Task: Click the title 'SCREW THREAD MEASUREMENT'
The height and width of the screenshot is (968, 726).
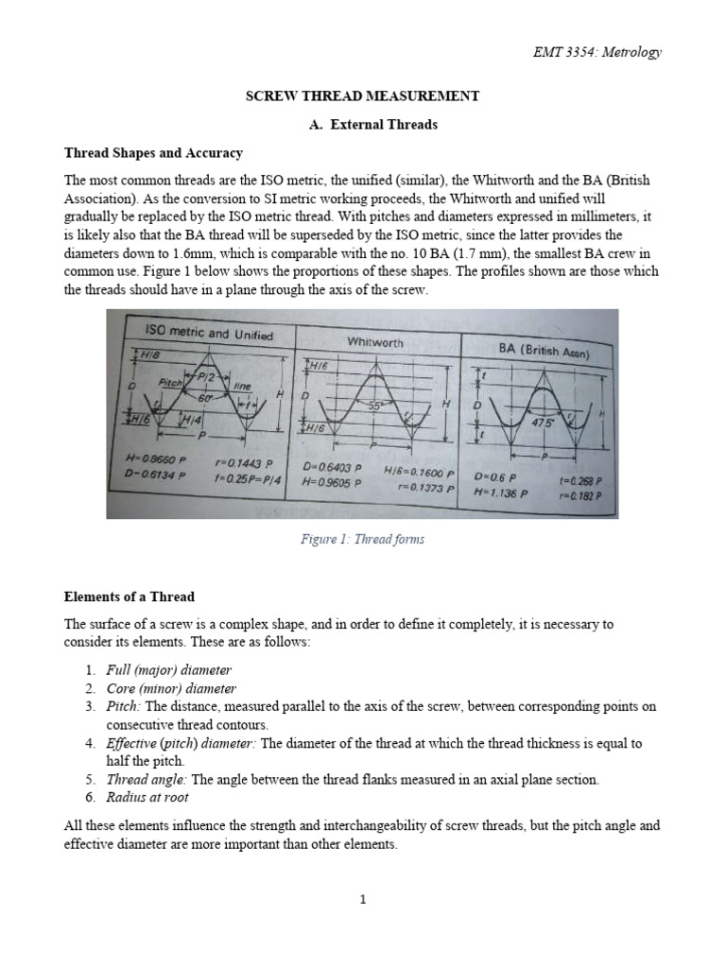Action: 362,96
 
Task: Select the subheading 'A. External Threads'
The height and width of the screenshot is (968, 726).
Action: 362,124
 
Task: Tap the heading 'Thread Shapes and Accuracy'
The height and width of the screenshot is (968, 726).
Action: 153,152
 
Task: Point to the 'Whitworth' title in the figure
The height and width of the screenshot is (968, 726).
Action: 375,342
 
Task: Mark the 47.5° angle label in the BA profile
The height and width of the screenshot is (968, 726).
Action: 544,423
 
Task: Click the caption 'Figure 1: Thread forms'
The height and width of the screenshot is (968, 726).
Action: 362,539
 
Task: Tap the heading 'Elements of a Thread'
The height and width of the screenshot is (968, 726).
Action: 129,596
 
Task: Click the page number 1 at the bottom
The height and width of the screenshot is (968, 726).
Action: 362,899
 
